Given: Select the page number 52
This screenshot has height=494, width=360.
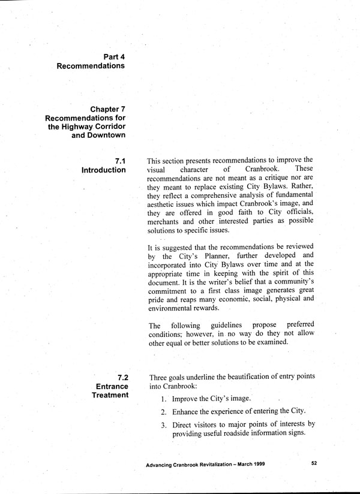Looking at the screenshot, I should point(315,464).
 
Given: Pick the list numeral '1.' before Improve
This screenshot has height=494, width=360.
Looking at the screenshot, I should point(163,399).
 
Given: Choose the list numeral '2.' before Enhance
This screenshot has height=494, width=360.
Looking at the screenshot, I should point(163,412).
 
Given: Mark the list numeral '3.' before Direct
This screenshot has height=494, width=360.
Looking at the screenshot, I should point(163,425).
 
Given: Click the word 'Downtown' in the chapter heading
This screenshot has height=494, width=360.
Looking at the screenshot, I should point(107,135).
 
